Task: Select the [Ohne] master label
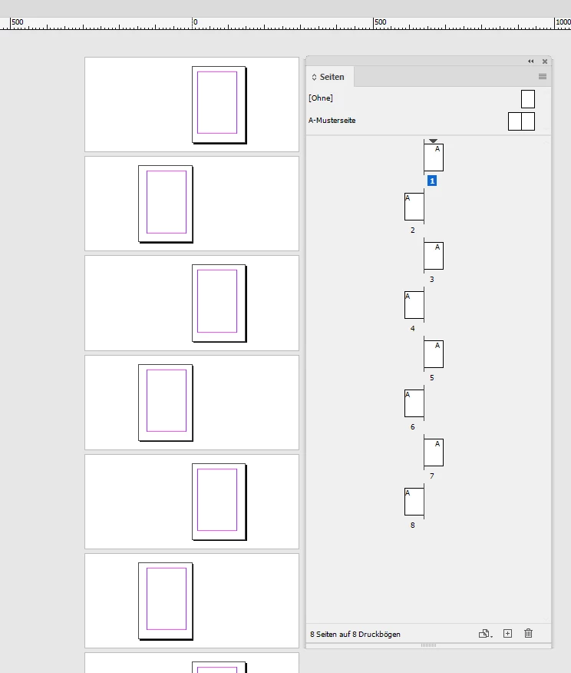[x=321, y=98]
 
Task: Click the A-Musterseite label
[x=332, y=120]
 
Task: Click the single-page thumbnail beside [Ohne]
[x=528, y=98]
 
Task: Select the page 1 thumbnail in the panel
[x=434, y=157]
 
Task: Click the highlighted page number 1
[x=432, y=181]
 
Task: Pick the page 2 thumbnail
[x=414, y=207]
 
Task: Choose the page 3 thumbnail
[x=434, y=256]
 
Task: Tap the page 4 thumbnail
[x=414, y=305]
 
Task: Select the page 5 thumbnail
[x=434, y=354]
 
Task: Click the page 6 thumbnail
[x=414, y=403]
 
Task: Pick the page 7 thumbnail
[x=434, y=453]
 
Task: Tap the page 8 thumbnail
[x=414, y=502]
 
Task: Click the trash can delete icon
[x=528, y=634]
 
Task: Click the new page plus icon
[x=507, y=634]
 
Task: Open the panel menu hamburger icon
[x=543, y=76]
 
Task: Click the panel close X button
[x=545, y=61]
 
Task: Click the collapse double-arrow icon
[x=530, y=61]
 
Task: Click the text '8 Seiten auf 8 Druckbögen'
[x=355, y=634]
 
